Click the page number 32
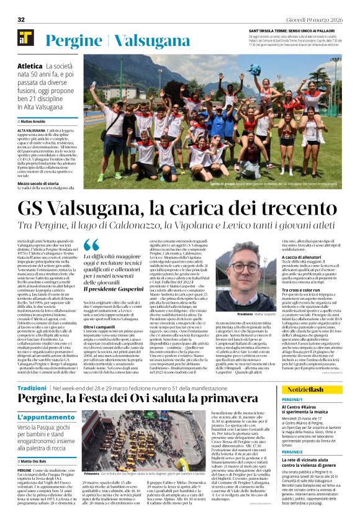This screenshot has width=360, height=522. point(20,19)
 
